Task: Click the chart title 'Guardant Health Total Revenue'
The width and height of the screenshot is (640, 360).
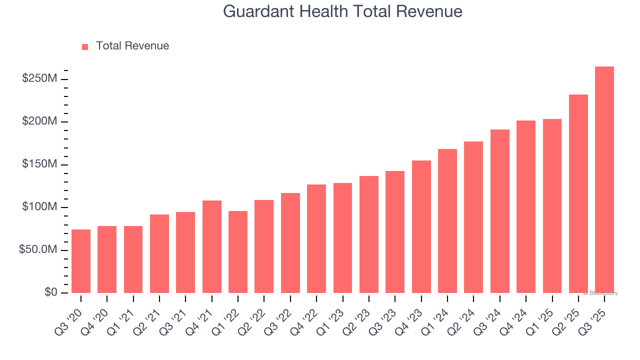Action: click(342, 11)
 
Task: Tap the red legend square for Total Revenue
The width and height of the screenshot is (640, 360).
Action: click(85, 46)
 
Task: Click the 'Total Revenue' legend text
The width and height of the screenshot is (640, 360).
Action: click(132, 46)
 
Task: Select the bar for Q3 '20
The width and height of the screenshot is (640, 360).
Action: click(81, 261)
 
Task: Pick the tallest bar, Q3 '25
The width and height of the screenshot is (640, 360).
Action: click(604, 179)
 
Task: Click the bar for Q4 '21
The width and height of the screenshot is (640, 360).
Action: click(211, 246)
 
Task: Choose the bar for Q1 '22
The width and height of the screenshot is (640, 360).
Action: click(238, 251)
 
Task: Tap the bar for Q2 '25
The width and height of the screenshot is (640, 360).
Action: click(578, 193)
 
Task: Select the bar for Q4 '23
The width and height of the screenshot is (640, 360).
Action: click(421, 226)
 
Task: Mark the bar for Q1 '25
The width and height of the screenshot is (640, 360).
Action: click(552, 205)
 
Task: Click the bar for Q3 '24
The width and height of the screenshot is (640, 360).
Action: click(499, 211)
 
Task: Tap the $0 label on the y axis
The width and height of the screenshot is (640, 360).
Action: click(51, 292)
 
